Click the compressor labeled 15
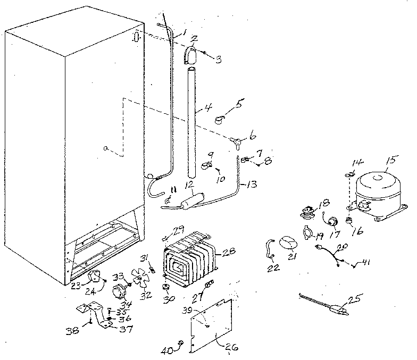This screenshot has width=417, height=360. pos(377,194)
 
